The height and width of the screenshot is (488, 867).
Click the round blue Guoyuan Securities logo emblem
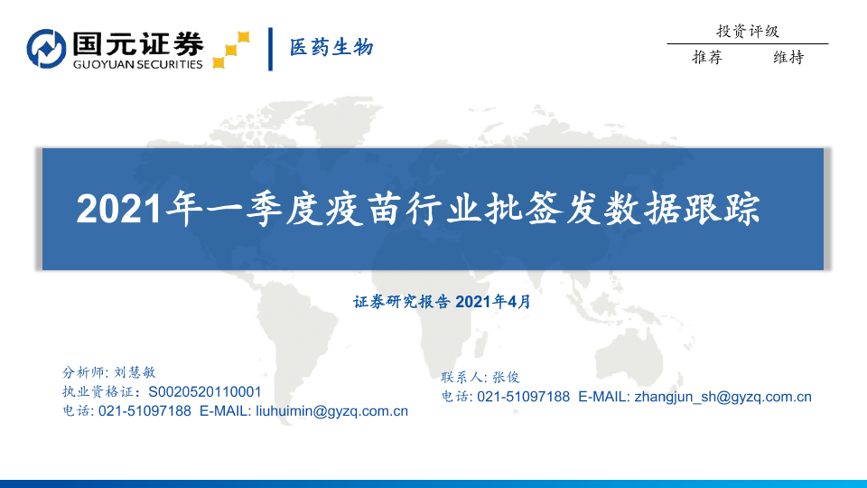click(46, 49)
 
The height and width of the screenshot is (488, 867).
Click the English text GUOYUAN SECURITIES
click(137, 64)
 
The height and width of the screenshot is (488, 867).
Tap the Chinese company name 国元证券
click(138, 43)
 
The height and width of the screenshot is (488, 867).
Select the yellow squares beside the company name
click(231, 50)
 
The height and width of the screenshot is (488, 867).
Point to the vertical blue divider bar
click(270, 49)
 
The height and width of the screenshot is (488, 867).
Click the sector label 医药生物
click(331, 48)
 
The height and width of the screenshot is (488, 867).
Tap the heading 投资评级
click(748, 31)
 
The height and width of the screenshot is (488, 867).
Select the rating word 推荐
click(707, 57)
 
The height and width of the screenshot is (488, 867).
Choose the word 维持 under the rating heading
click(788, 57)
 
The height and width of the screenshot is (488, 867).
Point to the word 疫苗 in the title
click(363, 209)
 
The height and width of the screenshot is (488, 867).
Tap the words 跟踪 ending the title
click(722, 209)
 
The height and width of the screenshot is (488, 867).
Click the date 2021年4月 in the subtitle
click(493, 302)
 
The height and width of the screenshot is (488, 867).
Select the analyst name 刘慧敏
click(135, 372)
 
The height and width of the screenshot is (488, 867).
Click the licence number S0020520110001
click(205, 391)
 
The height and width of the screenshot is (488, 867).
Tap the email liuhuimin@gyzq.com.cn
click(331, 412)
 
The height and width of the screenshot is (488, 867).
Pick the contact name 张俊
click(506, 378)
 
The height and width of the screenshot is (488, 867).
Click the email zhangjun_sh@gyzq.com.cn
click(723, 398)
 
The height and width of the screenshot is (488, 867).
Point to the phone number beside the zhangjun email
click(523, 397)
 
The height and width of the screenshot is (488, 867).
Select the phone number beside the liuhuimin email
click(144, 411)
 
